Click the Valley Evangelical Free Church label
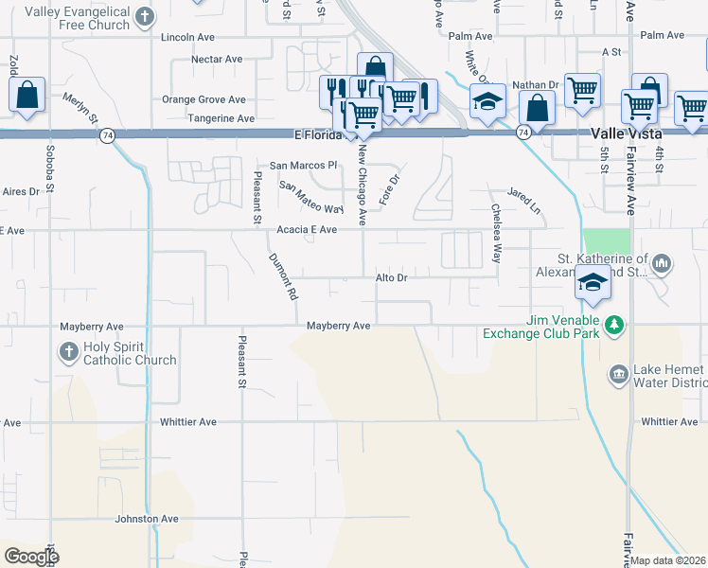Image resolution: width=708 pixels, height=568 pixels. click(x=78, y=18)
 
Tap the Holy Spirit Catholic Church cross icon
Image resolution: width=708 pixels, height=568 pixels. click(x=68, y=353)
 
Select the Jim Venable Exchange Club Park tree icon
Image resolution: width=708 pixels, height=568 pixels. click(x=615, y=326)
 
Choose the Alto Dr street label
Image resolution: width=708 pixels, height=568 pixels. click(x=391, y=278)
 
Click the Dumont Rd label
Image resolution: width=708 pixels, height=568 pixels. click(x=283, y=276)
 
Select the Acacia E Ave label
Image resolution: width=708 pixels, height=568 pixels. click(x=307, y=230)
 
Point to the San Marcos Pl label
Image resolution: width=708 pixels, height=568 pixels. click(x=304, y=165)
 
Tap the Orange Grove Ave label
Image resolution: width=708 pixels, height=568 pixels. click(x=204, y=99)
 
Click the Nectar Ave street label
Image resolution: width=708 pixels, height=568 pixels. click(x=217, y=59)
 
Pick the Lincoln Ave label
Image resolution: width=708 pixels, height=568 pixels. click(x=188, y=38)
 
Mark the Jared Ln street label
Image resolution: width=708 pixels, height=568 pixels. click(x=523, y=200)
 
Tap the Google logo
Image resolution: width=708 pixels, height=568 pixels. click(x=31, y=556)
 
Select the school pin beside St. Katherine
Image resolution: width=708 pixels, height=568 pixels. click(x=593, y=283)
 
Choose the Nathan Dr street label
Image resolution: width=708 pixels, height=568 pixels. click(x=536, y=85)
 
